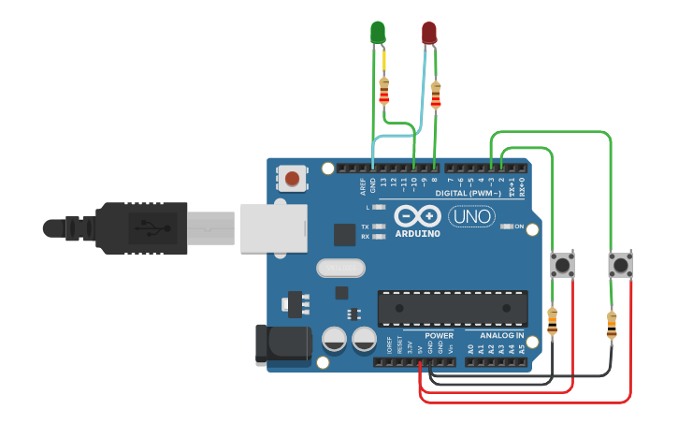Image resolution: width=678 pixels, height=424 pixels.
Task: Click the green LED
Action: tap(378, 32)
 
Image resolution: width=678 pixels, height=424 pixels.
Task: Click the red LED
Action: tap(429, 33)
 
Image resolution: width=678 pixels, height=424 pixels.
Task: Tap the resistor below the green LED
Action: tap(383, 92)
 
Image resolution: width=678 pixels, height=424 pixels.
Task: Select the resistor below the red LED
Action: tap(435, 95)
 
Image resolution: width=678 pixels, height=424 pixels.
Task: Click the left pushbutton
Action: tap(563, 265)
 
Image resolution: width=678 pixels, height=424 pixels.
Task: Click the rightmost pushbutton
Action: tap(620, 265)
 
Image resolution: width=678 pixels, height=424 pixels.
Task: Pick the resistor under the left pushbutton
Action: tap(552, 322)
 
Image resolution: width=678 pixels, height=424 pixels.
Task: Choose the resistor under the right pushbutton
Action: tap(612, 326)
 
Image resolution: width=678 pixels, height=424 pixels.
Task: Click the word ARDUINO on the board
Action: tap(418, 233)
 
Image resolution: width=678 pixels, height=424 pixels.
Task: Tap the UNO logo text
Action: tap(472, 217)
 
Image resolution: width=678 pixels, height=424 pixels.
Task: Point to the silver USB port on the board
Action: tap(273, 227)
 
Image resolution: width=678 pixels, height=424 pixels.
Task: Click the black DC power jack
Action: tap(282, 343)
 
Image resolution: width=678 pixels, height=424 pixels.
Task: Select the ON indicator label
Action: tap(520, 227)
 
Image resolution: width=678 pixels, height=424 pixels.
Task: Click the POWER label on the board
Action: tap(439, 335)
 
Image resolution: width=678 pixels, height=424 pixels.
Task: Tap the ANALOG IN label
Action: tap(502, 335)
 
